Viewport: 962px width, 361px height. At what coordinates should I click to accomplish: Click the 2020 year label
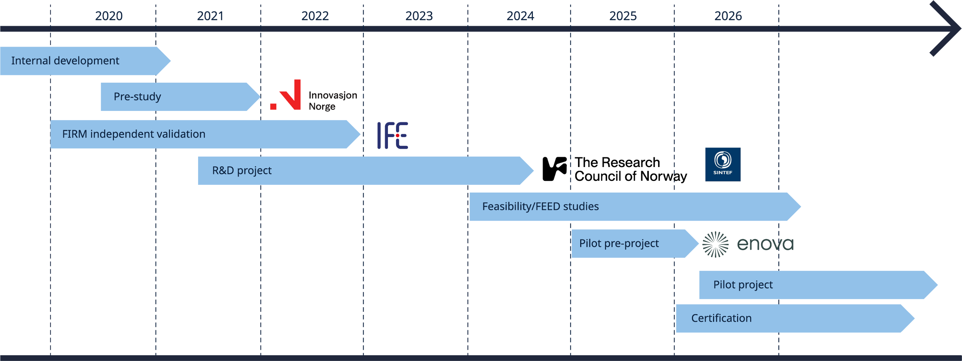point(109,16)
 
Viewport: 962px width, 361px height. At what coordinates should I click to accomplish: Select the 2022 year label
point(315,16)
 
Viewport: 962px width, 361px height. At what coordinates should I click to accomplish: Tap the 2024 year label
point(520,16)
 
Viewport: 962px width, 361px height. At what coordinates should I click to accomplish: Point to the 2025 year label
point(623,16)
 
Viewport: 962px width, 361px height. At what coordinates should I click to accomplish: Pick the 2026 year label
point(728,16)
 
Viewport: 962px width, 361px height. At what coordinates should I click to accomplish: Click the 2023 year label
point(419,16)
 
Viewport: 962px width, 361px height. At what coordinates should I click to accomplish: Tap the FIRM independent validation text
point(134,134)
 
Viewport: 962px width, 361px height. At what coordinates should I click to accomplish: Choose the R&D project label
point(242,170)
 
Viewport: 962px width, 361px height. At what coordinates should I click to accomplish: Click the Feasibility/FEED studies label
point(540,207)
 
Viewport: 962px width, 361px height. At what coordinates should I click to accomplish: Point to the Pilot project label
point(743,285)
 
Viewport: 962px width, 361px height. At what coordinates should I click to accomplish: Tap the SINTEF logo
point(723,165)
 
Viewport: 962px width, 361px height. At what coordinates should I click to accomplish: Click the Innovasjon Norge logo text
point(333,100)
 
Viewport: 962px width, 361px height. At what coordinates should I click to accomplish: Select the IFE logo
point(392,135)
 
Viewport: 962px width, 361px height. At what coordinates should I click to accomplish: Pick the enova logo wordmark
point(765,244)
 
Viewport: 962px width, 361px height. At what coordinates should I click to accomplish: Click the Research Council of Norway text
point(630,170)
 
